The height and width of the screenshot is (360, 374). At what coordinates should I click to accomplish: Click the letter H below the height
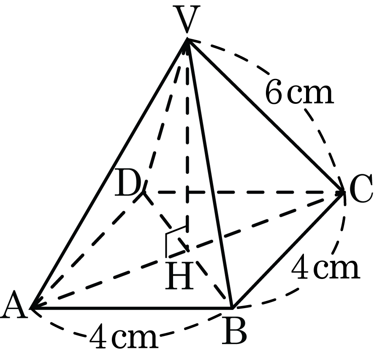pyautogui.click(x=179, y=276)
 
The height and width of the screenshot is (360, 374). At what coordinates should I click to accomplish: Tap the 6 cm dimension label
pyautogui.click(x=299, y=92)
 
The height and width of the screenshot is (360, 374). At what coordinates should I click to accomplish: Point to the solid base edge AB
pyautogui.click(x=131, y=308)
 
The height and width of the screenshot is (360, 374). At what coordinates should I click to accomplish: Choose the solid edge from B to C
pyautogui.click(x=287, y=249)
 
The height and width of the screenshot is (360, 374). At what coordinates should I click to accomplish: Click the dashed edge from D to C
pyautogui.click(x=243, y=192)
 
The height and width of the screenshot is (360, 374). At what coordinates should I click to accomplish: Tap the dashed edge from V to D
pyautogui.click(x=164, y=116)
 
